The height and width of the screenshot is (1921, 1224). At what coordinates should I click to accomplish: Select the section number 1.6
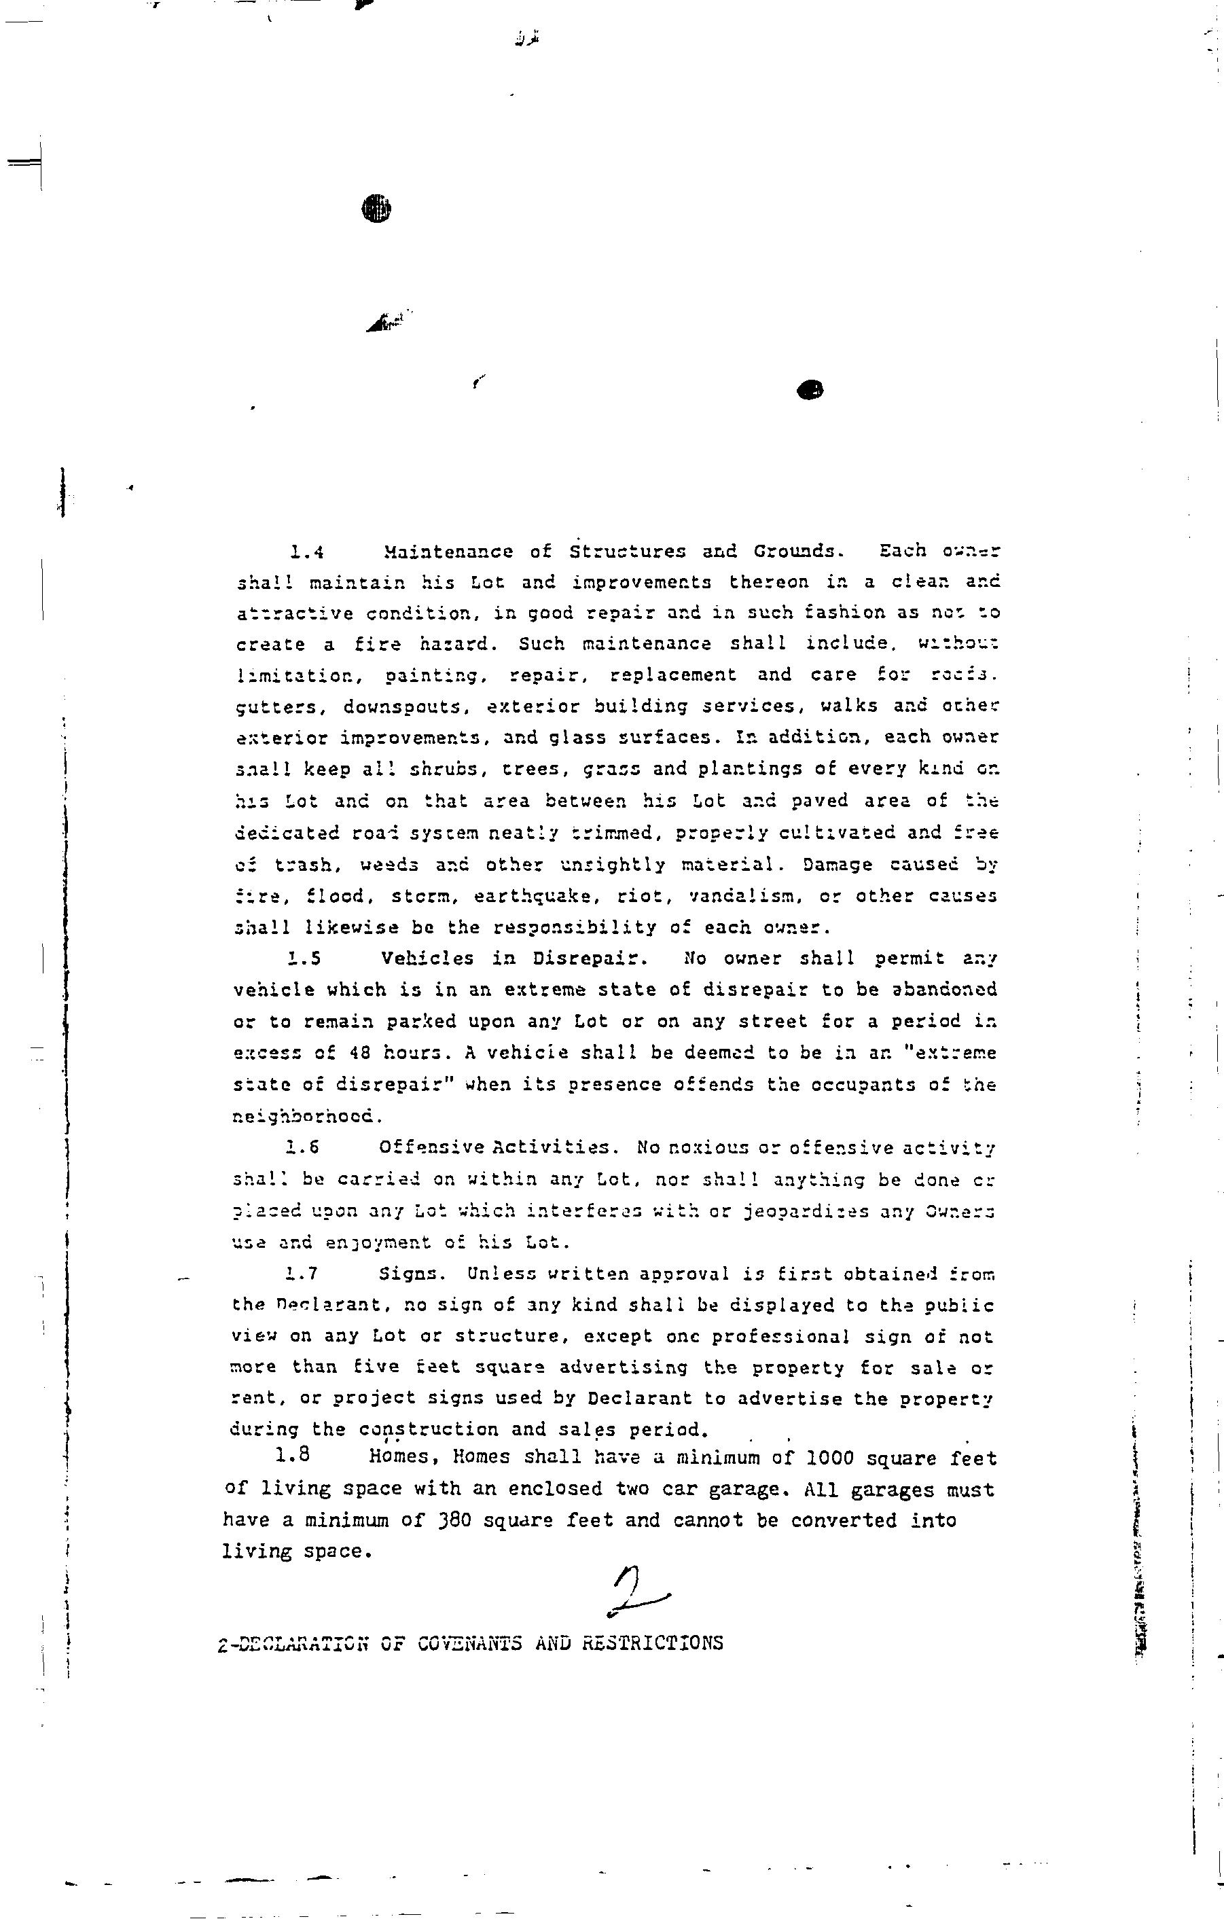pyautogui.click(x=302, y=1147)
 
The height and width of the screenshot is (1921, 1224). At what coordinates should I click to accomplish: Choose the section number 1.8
pyautogui.click(x=292, y=1454)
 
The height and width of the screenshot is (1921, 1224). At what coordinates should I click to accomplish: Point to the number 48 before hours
pyautogui.click(x=360, y=1053)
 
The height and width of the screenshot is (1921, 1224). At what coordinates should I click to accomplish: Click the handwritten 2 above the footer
pyautogui.click(x=635, y=1590)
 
